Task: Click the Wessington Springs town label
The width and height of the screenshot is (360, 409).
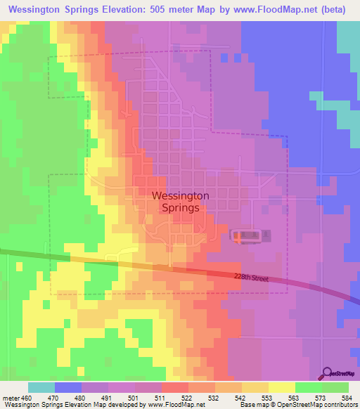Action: pos(179,202)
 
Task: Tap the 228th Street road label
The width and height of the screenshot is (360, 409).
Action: pos(251,278)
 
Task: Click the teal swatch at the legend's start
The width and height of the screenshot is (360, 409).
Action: pos(41,387)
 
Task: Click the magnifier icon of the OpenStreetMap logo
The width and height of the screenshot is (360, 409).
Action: pos(326,372)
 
